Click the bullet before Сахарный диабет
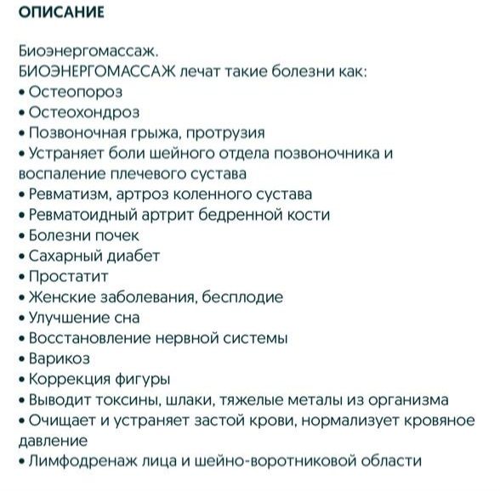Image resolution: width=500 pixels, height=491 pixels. tap(21, 256)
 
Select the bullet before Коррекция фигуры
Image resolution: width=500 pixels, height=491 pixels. tap(21, 379)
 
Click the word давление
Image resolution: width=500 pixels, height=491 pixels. tap(52, 441)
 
